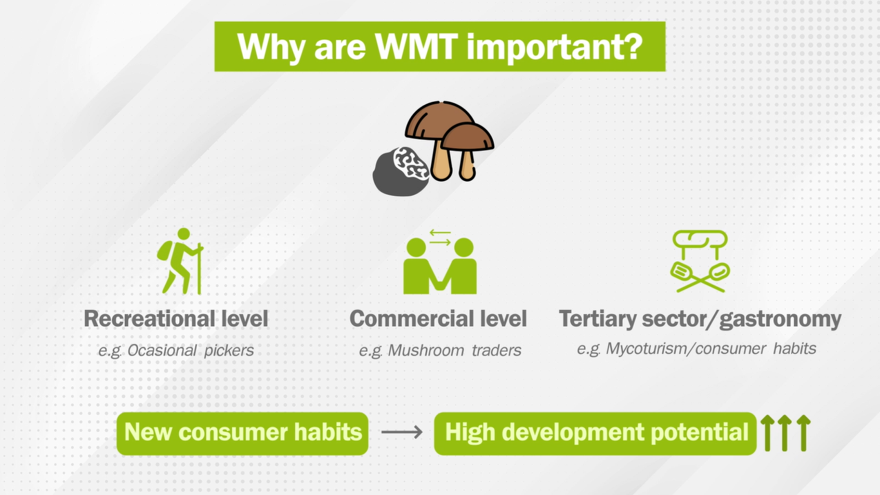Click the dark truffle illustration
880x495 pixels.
pyautogui.click(x=401, y=172)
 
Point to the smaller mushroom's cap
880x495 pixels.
pyautogui.click(x=468, y=137)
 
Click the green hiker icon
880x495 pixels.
pyautogui.click(x=180, y=261)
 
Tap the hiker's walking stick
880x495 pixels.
pyautogui.click(x=199, y=269)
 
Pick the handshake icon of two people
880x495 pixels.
pyautogui.click(x=440, y=262)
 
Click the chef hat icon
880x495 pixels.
pyautogui.click(x=700, y=244)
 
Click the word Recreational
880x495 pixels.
pyautogui.click(x=150, y=318)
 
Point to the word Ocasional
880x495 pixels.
pyautogui.click(x=162, y=351)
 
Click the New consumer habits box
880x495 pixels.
pyautogui.click(x=242, y=434)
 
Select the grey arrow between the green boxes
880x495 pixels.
pyautogui.click(x=401, y=432)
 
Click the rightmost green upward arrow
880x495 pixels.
pyautogui.click(x=803, y=433)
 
